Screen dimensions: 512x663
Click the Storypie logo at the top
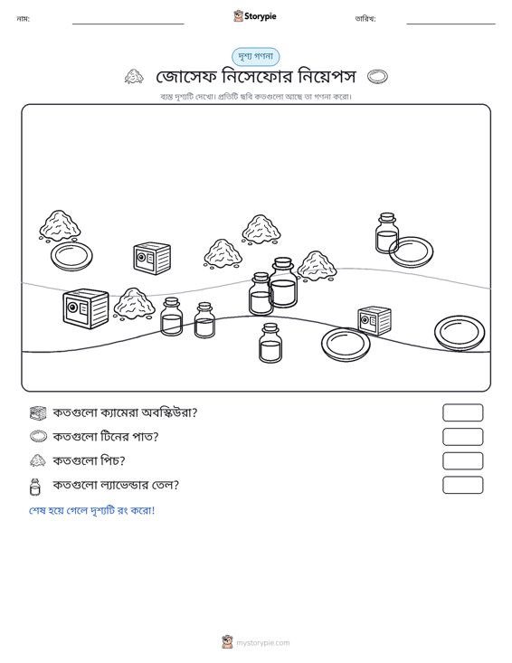pos(255,16)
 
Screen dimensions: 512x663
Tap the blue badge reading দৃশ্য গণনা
pos(255,57)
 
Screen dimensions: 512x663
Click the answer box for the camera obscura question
pos(462,412)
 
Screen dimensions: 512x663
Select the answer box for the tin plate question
pos(462,437)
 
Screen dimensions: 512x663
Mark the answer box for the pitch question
pos(462,461)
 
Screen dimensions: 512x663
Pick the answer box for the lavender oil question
pos(462,485)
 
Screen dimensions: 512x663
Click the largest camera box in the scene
pos(86,308)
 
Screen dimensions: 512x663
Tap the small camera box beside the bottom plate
pos(375,321)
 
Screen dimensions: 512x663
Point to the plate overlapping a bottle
pos(411,252)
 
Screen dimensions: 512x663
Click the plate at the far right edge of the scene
pos(460,333)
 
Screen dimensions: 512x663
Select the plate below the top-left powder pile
pos(71,256)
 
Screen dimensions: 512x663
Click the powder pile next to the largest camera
pos(134,304)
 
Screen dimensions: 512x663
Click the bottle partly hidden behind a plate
pos(386,233)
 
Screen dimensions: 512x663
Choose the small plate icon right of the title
pos(377,77)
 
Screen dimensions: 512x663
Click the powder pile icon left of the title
pos(134,77)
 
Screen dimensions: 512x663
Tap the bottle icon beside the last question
pos(35,487)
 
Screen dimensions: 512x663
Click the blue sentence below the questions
pos(91,510)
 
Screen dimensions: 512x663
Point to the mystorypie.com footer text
pos(262,643)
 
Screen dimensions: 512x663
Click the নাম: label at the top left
pos(23,19)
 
